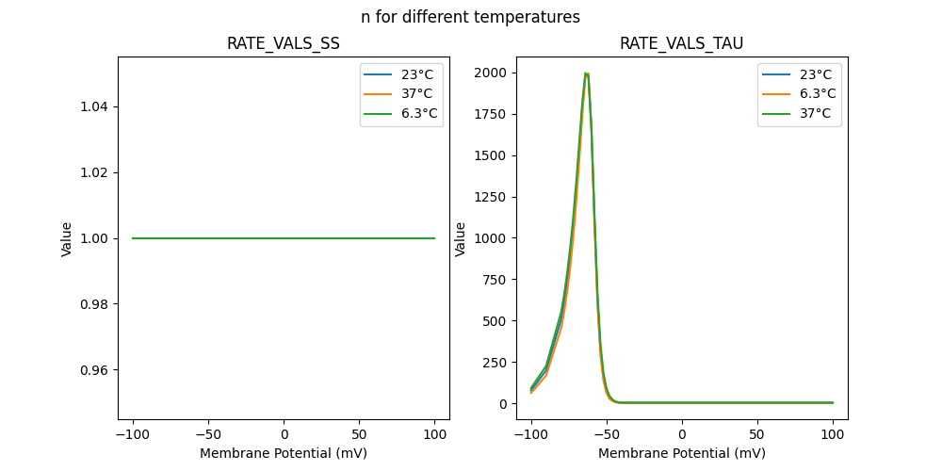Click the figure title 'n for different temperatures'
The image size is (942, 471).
470,17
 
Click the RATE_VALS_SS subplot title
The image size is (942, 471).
284,43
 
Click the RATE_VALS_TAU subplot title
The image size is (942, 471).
681,43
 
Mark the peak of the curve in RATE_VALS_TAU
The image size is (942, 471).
586,73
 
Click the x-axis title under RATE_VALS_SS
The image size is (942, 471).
284,453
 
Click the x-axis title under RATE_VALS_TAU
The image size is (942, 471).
681,453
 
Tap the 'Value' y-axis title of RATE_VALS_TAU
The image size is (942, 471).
461,239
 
